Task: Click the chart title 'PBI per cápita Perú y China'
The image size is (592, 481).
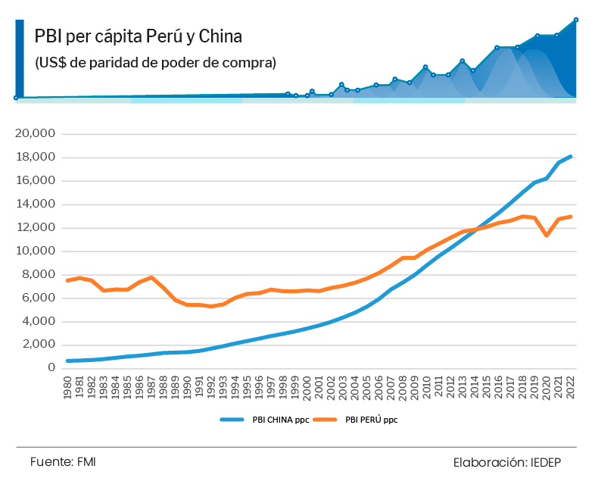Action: coord(138,37)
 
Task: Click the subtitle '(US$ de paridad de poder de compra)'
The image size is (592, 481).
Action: coord(155,62)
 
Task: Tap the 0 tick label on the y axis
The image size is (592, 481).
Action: coord(51,368)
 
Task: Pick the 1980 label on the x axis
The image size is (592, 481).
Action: coord(69,387)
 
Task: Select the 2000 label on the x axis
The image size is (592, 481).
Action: coord(307,387)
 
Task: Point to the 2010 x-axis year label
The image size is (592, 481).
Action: coord(427,387)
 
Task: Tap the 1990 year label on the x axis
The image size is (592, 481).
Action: coord(189,387)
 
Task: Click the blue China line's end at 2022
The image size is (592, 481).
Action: coord(570,156)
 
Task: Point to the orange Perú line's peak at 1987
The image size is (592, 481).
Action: coord(152,277)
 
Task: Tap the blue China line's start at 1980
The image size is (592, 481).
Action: coord(69,361)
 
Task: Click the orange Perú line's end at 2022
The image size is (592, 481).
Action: coord(570,217)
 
